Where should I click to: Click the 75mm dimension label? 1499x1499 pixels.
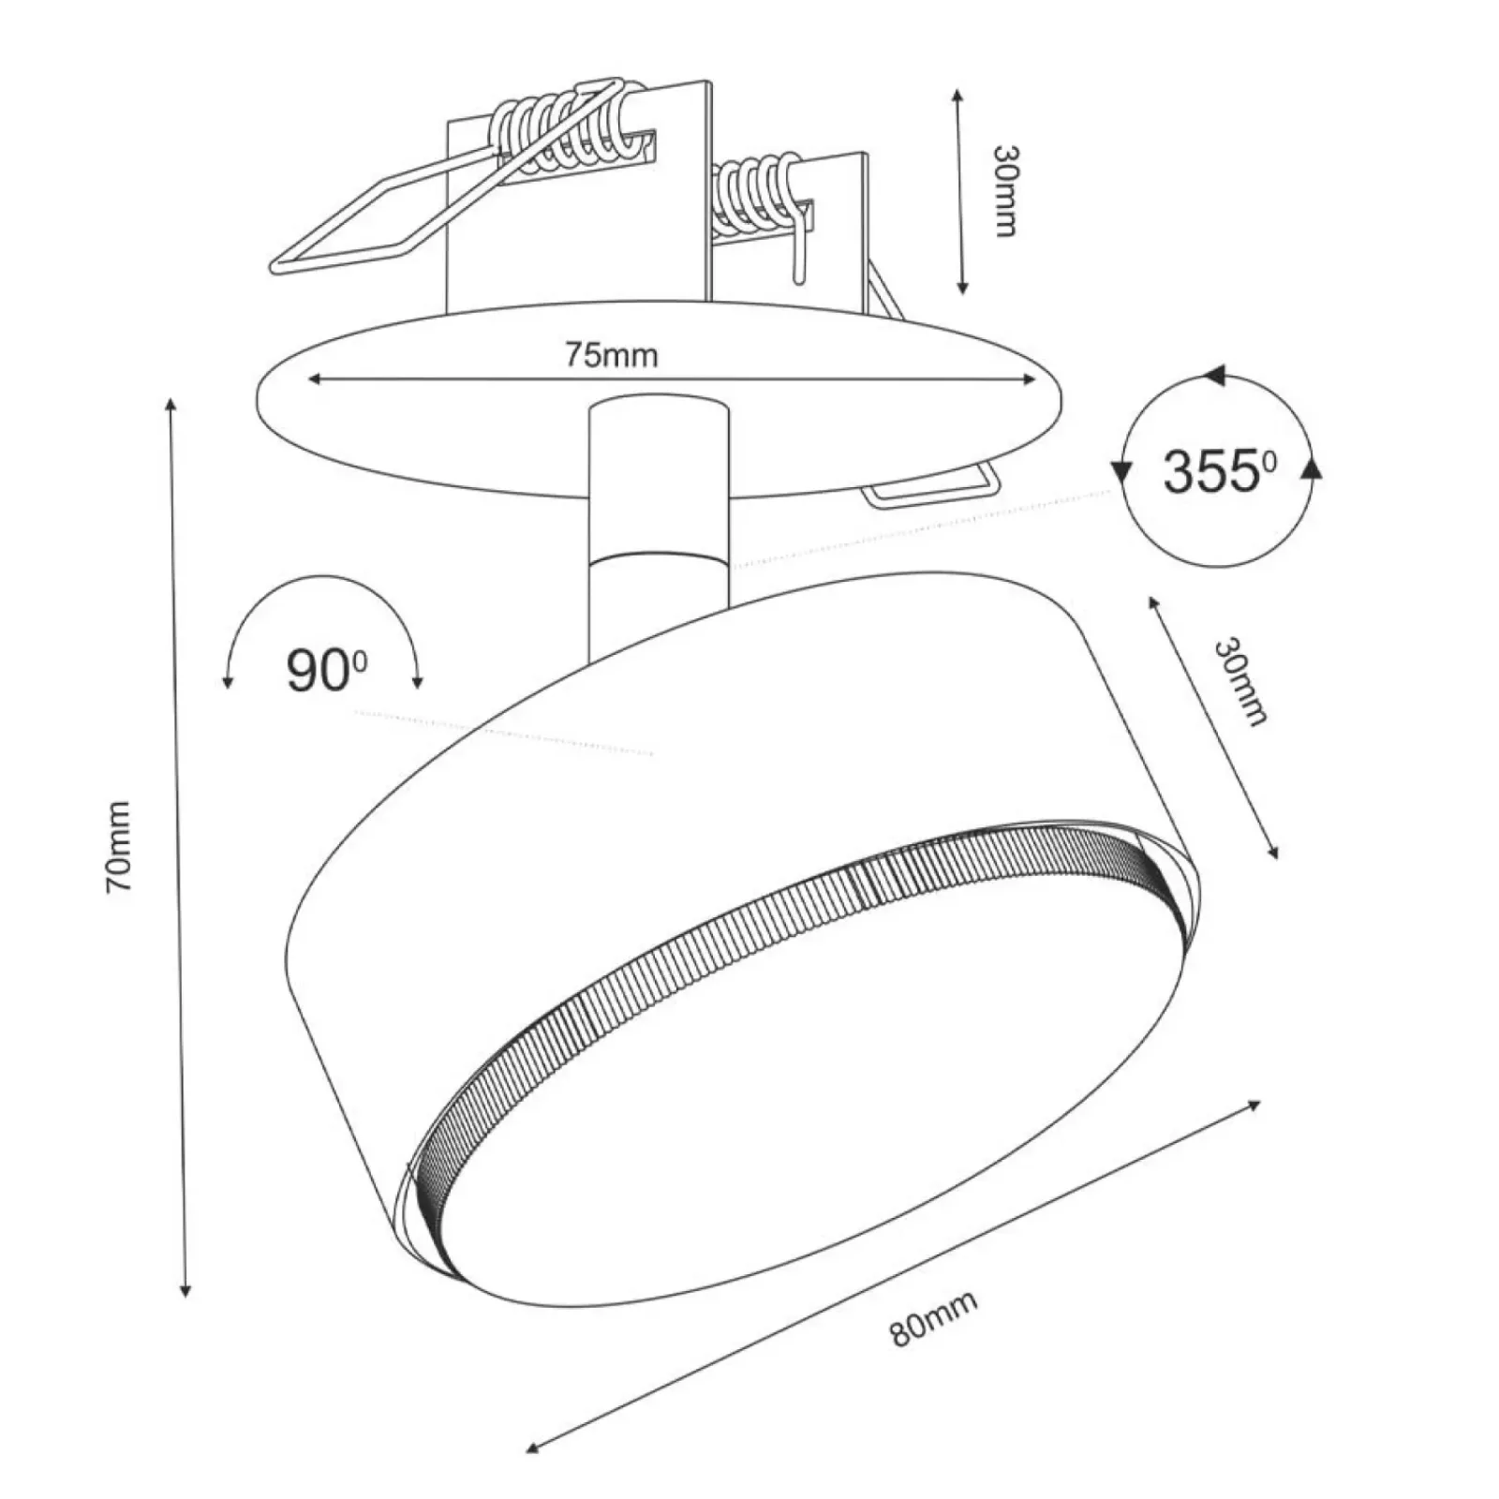[611, 355]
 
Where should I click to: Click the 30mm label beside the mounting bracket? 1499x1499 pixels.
[1005, 191]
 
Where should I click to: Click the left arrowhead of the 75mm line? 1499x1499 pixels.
[316, 378]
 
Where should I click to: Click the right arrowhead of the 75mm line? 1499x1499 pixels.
[1029, 378]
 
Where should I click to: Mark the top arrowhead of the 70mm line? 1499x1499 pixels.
[171, 405]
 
